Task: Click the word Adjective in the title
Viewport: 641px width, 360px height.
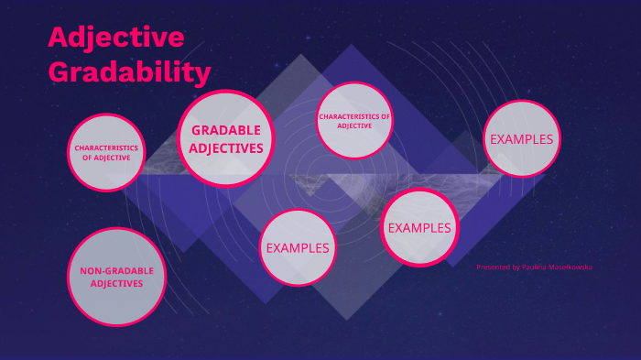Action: pos(115,38)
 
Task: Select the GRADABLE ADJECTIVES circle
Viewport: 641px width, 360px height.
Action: pos(227,139)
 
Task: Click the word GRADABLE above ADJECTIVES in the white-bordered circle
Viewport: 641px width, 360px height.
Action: pos(226,130)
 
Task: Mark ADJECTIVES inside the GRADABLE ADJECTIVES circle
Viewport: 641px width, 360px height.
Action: pos(227,147)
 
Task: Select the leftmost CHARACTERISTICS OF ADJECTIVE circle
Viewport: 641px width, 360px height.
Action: pos(107,152)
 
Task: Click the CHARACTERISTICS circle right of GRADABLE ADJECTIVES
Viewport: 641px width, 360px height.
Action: pos(353,121)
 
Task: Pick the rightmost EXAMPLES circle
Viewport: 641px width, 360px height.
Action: pos(521,139)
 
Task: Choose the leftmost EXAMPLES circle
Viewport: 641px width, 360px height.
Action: pos(297,247)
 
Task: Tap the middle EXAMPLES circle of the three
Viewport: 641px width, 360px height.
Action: pos(418,227)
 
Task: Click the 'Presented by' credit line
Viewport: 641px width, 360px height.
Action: pos(534,267)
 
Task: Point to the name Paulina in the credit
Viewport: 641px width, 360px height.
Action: pos(533,267)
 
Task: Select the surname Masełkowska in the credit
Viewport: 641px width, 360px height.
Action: pos(570,267)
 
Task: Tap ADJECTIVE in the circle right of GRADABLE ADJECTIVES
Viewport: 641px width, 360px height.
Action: pos(353,125)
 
